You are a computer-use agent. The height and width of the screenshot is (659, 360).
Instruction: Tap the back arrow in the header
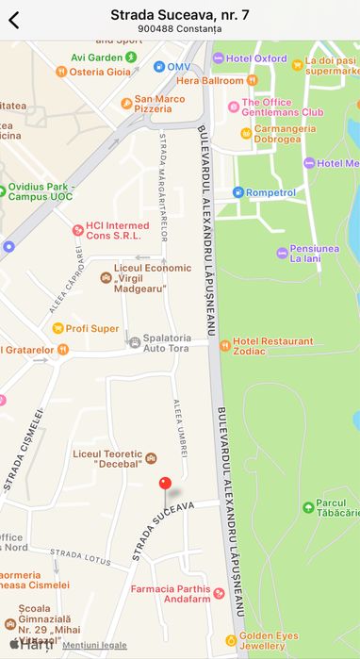coord(14,20)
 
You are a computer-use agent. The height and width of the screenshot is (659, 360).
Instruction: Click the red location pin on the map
coord(166,484)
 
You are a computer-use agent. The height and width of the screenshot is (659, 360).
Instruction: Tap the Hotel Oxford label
coord(256,58)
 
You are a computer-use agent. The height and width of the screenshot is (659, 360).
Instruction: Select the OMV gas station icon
coord(159,67)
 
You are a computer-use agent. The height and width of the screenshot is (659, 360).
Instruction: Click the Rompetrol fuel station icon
coord(238,192)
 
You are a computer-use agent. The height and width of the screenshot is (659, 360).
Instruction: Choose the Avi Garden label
coord(96,57)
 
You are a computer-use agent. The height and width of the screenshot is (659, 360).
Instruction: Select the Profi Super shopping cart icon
coord(57,328)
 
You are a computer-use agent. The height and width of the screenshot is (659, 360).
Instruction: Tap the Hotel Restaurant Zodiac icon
coord(224,345)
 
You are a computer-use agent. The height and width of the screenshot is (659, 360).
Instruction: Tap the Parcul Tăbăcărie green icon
coord(307,507)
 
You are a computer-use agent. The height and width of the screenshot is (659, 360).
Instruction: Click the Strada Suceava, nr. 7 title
coord(179,14)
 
